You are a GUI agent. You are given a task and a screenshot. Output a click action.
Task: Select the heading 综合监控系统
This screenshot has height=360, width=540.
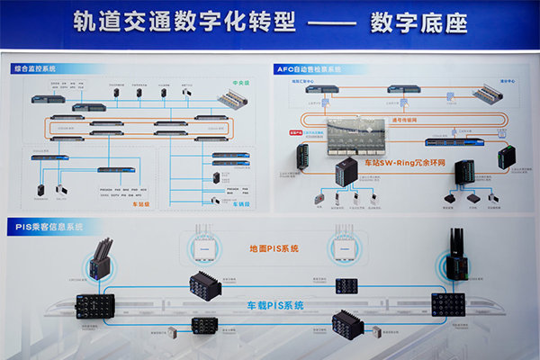point(34,68)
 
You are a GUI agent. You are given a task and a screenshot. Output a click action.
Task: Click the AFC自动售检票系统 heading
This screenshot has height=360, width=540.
point(310,68)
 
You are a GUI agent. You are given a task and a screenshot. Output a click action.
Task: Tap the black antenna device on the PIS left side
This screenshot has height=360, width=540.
point(100,256)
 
